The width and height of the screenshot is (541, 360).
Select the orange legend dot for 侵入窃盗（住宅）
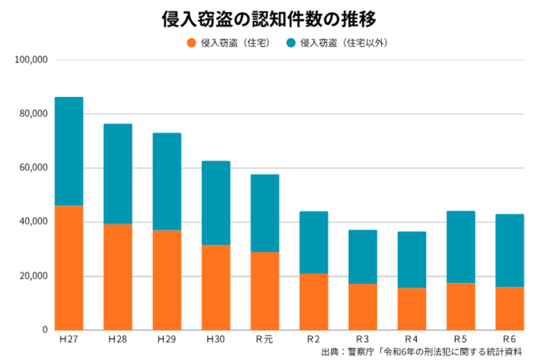click(x=191, y=43)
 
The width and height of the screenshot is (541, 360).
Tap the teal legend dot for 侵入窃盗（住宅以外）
click(x=291, y=43)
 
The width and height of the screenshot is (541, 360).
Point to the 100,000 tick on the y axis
click(x=32, y=60)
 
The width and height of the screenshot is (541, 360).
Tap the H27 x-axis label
click(x=69, y=339)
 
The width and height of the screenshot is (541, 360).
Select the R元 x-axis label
click(x=265, y=339)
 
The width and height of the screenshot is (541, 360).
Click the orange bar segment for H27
click(x=69, y=268)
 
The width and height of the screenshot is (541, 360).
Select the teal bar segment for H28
click(x=118, y=174)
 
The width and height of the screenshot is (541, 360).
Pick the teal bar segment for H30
click(x=216, y=203)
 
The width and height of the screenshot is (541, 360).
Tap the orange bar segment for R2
click(x=314, y=302)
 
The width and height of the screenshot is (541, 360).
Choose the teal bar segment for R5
click(x=461, y=247)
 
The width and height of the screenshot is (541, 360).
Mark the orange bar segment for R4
click(x=412, y=309)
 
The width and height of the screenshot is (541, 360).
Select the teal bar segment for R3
click(x=363, y=257)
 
